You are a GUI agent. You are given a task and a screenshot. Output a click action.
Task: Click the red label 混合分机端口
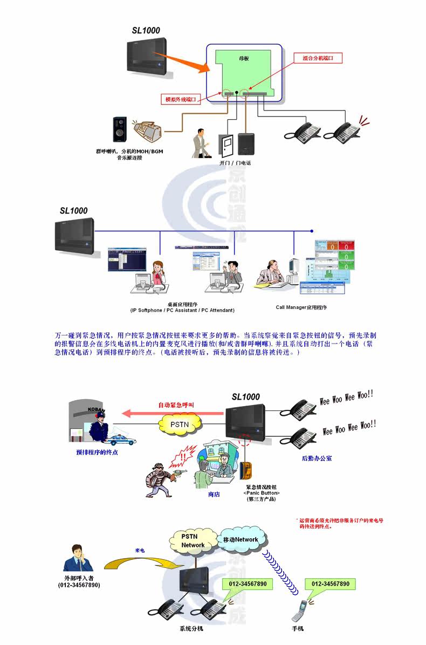coord(318,58)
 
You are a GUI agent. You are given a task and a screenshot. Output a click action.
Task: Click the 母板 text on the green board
coord(244,58)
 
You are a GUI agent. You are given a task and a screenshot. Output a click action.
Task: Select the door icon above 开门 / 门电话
coord(225,145)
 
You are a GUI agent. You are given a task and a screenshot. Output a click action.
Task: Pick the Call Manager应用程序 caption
coord(301,307)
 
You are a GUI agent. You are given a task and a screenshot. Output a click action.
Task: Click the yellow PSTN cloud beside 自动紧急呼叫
coord(178,424)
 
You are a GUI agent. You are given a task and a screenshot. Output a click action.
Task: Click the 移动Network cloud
coord(241,539)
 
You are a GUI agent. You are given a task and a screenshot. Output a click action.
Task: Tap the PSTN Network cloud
coord(193,541)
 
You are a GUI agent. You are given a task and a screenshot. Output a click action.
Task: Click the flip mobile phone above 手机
coord(298,610)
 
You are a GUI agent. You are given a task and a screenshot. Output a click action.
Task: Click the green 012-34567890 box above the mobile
coord(330,584)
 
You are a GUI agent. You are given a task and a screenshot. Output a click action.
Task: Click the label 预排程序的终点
coord(97,452)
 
